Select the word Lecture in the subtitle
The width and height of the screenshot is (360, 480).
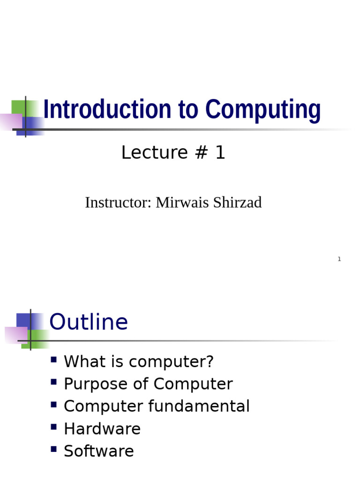tap(148, 153)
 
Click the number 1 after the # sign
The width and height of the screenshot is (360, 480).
tap(220, 153)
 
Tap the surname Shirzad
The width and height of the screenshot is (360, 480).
tap(237, 202)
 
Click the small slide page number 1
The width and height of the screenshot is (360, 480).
tap(339, 259)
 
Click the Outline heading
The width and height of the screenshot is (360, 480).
tap(89, 322)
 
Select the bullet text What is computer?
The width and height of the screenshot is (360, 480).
tap(139, 362)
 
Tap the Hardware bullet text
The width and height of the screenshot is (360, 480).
tap(102, 429)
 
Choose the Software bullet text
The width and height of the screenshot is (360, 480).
tap(99, 451)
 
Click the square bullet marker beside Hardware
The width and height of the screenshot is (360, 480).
tap(54, 427)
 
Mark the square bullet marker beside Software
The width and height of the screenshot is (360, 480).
tap(54, 450)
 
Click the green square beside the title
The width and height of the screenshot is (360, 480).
tap(19, 107)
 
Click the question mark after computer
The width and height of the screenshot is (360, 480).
tap(210, 362)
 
